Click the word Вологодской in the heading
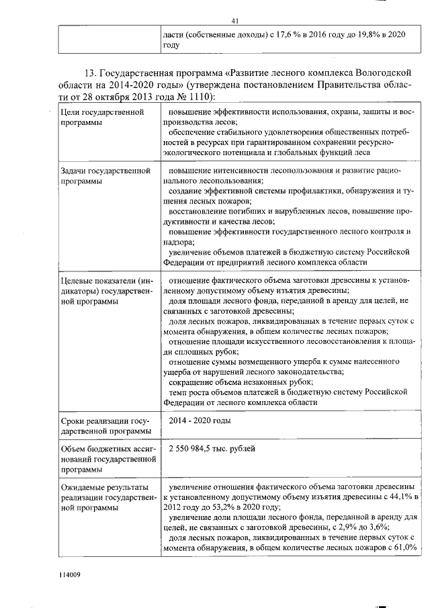pyautogui.click(x=373, y=72)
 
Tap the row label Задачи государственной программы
pyautogui.click(x=103, y=177)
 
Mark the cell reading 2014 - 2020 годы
pyautogui.click(x=200, y=421)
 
